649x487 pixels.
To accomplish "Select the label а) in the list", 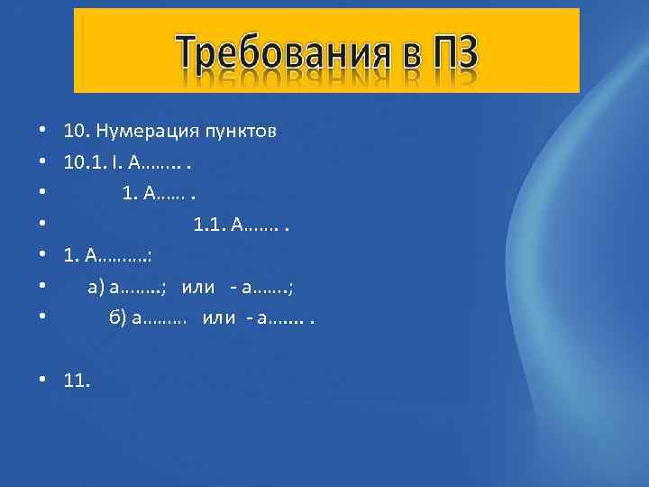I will (x=96, y=288).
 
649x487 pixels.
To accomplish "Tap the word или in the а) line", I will (x=198, y=288).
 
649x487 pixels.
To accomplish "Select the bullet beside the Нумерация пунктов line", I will (x=42, y=132).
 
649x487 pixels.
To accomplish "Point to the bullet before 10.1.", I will (x=42, y=163).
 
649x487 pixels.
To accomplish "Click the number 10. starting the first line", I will (x=74, y=132).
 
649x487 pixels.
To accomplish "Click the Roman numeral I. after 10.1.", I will (x=117, y=163).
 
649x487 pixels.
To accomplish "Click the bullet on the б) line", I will (x=42, y=318).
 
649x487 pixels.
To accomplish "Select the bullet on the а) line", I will (x=42, y=288).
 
